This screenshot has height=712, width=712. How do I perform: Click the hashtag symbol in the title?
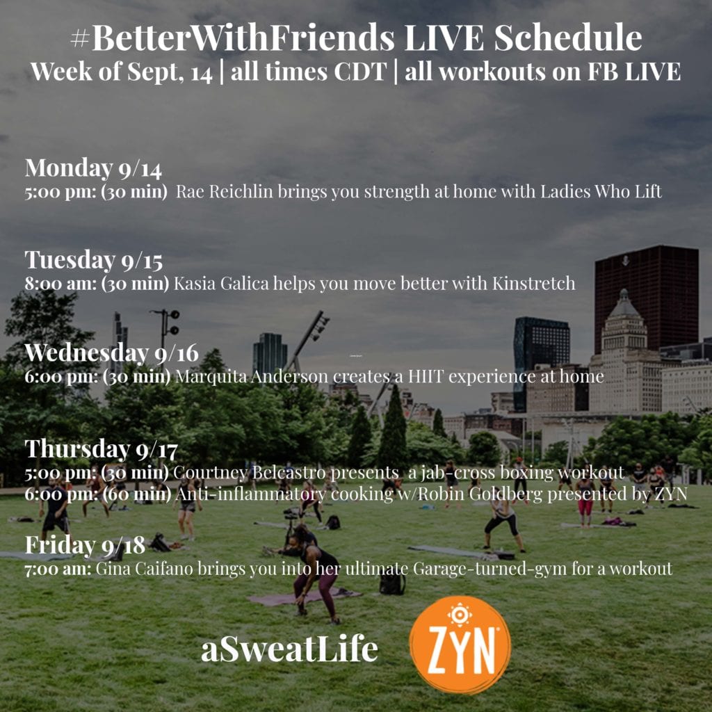coord(81,39)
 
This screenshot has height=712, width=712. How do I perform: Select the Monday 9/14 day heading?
coord(93,168)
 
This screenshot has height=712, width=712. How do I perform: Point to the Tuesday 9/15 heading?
coord(94,260)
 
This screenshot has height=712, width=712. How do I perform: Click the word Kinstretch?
coord(533,284)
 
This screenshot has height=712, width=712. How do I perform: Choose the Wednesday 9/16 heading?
coord(112,353)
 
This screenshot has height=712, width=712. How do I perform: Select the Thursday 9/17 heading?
coord(102,449)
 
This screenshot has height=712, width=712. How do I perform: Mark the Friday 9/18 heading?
coord(85,545)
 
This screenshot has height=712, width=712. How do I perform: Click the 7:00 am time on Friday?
coord(58,569)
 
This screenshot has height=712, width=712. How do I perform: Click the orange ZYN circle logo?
coord(460,645)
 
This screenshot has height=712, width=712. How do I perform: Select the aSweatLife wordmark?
coord(289,649)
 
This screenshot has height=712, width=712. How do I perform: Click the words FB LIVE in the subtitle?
coord(634,72)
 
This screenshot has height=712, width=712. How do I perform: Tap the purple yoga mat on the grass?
coord(305,597)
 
